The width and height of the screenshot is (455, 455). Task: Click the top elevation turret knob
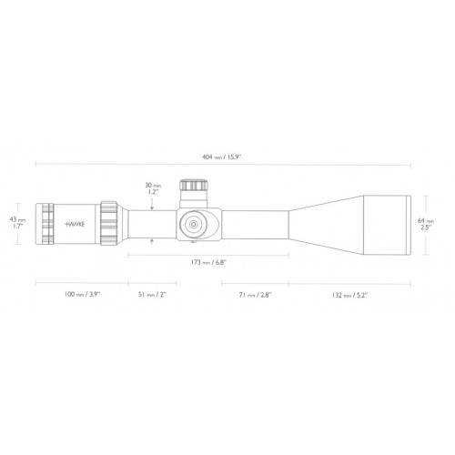(x=192, y=187)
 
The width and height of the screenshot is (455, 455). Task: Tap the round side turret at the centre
(x=194, y=223)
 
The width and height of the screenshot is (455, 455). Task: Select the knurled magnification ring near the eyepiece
(x=109, y=223)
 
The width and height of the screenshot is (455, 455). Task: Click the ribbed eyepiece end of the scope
(x=47, y=223)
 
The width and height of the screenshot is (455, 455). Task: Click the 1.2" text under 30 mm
(x=152, y=192)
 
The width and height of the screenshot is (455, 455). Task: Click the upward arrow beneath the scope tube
(x=152, y=240)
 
